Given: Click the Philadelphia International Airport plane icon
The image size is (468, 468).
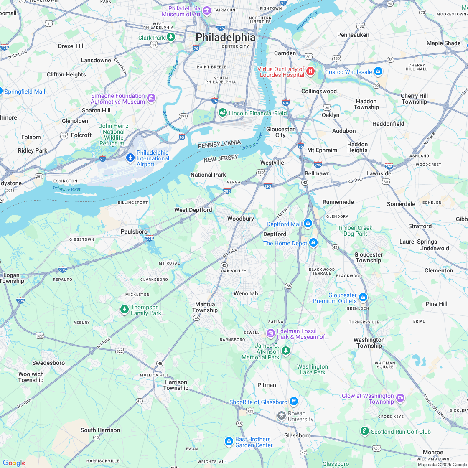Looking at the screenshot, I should pos(130,158).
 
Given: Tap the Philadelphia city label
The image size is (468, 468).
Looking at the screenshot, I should pos(225,37).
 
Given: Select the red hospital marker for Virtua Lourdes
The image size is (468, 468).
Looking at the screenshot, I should pos(310,71).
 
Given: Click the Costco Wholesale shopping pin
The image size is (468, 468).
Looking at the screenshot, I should pos(378,71).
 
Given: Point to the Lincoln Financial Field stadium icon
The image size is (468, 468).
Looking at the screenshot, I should pos(223,113).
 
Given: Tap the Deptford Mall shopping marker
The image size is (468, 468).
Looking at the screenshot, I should pos(308,224).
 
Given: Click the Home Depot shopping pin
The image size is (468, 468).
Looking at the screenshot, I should pos(313,243).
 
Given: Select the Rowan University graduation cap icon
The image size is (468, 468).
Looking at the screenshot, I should pos(282,415).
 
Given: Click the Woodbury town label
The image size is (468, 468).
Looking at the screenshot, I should pos(240,219).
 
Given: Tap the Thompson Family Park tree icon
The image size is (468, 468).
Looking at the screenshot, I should pos(124,310).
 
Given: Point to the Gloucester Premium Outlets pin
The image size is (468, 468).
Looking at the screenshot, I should pos(363,298).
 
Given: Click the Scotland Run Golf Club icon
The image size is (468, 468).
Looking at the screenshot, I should pos(365,431).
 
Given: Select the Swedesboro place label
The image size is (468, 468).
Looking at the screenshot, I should pos(48,363).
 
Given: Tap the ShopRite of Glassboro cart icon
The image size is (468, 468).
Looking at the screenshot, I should pos(293,402).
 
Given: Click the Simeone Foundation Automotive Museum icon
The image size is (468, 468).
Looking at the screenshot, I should pos(151,99).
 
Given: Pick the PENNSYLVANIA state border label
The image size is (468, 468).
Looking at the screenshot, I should pos(219,144).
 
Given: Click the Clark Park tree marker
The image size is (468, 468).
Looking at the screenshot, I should pos(170,37).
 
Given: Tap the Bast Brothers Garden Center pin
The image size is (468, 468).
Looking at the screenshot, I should pos(229,441).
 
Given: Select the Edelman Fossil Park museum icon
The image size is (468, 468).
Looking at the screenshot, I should pos(270,333).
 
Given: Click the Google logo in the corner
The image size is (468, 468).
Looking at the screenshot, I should pos(14,463).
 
